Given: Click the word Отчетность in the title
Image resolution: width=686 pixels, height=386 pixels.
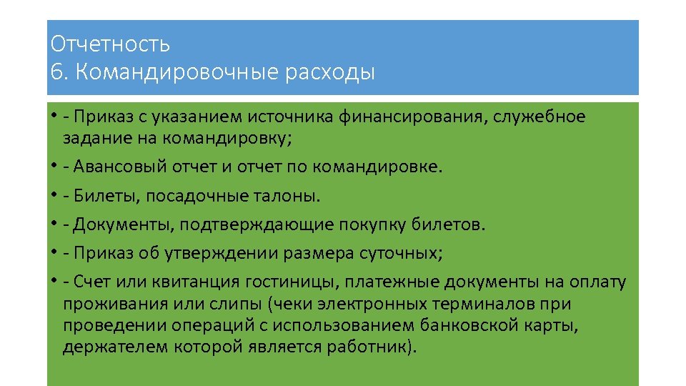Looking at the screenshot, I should (110, 44).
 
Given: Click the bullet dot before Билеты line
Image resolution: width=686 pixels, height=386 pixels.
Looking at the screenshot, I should (54, 197).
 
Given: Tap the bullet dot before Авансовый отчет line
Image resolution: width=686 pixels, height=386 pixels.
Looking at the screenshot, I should (54, 168).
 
